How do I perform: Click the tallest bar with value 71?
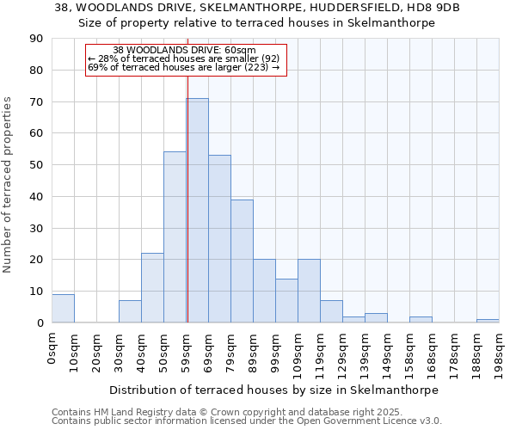(197, 211)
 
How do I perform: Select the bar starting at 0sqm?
(63, 308)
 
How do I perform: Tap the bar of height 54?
(175, 237)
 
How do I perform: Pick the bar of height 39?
(242, 261)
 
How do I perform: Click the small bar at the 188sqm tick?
(488, 321)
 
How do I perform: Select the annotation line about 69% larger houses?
(184, 67)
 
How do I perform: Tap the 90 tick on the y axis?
(37, 39)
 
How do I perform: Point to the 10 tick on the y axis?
(37, 292)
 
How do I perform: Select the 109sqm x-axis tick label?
(298, 353)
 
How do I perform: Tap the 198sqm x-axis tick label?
(499, 353)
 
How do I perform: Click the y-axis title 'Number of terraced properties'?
(8, 185)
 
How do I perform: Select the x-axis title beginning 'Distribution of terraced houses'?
(274, 390)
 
